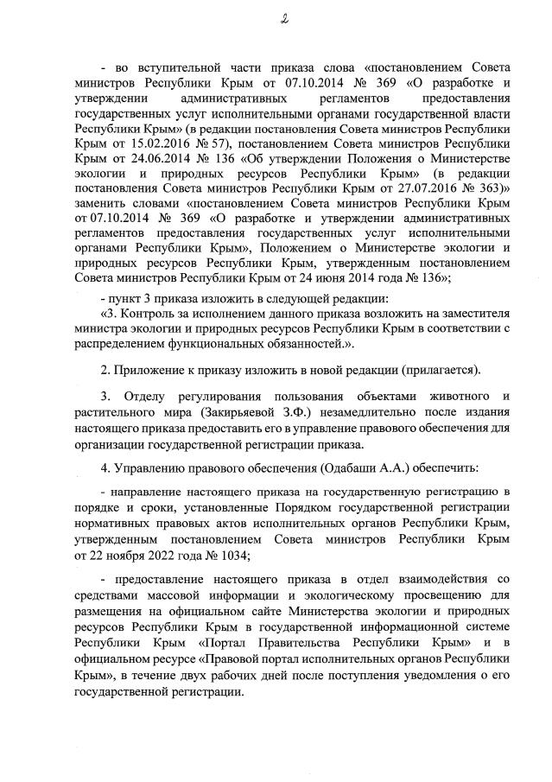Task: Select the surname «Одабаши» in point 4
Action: (x=358, y=468)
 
